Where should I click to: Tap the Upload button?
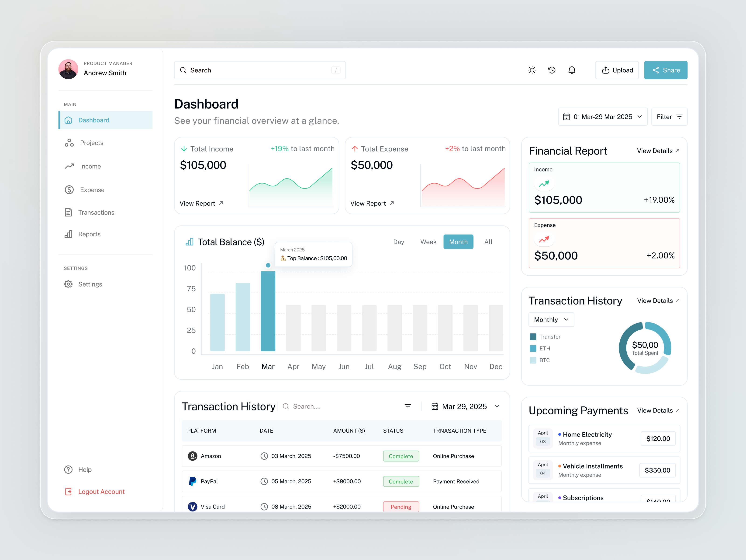click(x=617, y=70)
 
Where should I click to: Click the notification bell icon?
click(x=572, y=70)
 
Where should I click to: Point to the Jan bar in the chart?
click(x=217, y=322)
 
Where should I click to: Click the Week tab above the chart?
click(x=428, y=242)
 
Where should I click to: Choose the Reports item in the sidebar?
click(x=89, y=234)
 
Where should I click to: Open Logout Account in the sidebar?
click(x=101, y=492)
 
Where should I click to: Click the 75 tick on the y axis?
click(x=191, y=289)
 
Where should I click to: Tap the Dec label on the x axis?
click(x=495, y=367)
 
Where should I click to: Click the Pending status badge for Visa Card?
click(x=401, y=507)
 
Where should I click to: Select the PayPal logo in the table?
click(x=193, y=481)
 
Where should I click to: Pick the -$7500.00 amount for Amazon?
click(x=346, y=456)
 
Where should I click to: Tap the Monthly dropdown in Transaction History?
click(x=551, y=320)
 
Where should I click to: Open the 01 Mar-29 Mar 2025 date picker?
click(x=603, y=117)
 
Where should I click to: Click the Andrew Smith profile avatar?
click(x=69, y=69)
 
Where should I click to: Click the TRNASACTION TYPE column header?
click(x=459, y=431)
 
